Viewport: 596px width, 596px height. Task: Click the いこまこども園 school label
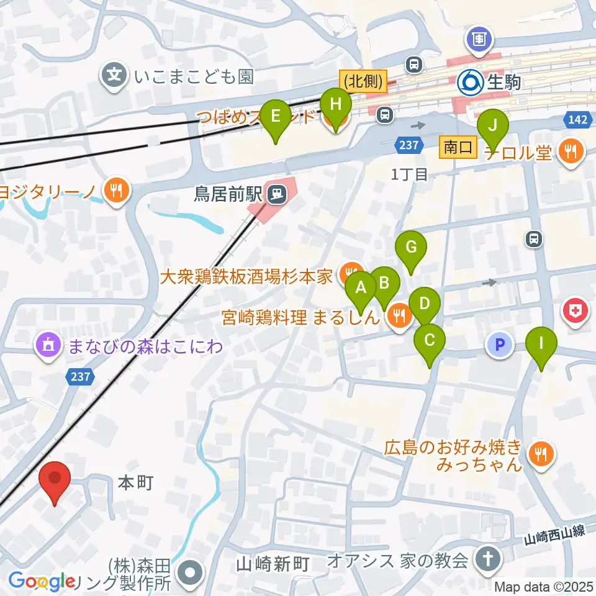(x=193, y=77)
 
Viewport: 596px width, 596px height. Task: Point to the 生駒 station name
(x=503, y=81)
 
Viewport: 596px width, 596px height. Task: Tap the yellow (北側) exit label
(x=363, y=81)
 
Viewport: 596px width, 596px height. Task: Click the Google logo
(x=42, y=582)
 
